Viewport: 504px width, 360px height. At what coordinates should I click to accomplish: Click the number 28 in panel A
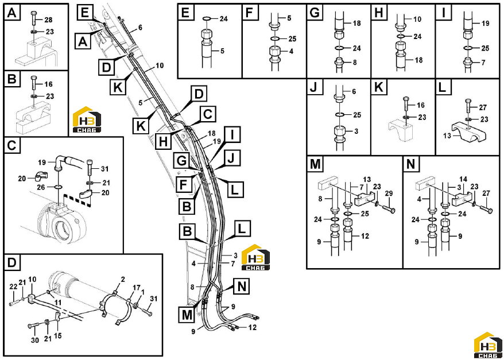[48, 20]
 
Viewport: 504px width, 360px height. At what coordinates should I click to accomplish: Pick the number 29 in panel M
[388, 194]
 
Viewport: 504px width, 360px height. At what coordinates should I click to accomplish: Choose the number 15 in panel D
[58, 336]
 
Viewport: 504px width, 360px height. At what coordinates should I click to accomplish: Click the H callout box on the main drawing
[164, 141]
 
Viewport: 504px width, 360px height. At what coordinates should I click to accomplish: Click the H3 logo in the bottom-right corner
[489, 346]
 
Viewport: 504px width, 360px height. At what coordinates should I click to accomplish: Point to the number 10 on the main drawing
[160, 66]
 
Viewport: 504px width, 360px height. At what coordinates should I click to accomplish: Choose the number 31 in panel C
[105, 169]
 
